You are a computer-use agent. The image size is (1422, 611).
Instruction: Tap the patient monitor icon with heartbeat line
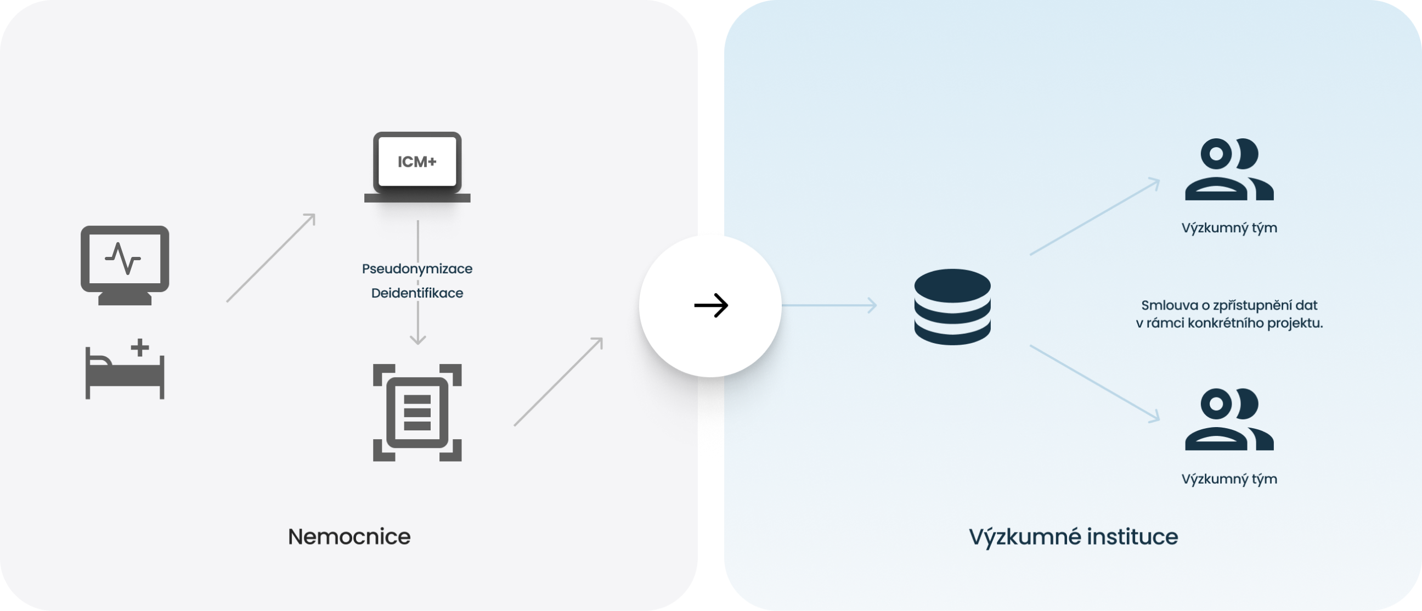pos(125,264)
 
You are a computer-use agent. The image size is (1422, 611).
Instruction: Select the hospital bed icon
pos(125,373)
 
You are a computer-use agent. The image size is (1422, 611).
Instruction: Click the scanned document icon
pos(417,412)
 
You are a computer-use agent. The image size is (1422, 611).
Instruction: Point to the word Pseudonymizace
pos(417,268)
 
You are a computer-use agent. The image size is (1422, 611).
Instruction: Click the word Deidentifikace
pos(417,293)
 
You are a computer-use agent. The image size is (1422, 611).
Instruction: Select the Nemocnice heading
pos(349,536)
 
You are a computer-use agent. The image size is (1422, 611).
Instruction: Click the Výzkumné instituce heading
pos(1073,536)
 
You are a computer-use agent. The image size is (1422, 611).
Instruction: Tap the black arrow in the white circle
pos(710,305)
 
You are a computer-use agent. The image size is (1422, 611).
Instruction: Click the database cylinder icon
pos(952,307)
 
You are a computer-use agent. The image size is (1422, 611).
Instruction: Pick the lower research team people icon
pos(1229,419)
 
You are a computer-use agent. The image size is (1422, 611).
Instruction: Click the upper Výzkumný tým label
pos(1229,228)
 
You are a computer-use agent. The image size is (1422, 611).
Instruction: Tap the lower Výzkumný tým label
pos(1229,478)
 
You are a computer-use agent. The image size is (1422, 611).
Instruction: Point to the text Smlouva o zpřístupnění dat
pos(1229,305)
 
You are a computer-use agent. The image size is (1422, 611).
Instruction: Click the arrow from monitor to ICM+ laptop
pos(271,257)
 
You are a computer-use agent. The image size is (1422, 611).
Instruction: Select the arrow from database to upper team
pos(1094,217)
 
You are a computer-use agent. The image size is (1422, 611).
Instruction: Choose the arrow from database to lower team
pos(1094,383)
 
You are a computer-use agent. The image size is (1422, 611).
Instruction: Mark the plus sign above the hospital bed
pos(140,347)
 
